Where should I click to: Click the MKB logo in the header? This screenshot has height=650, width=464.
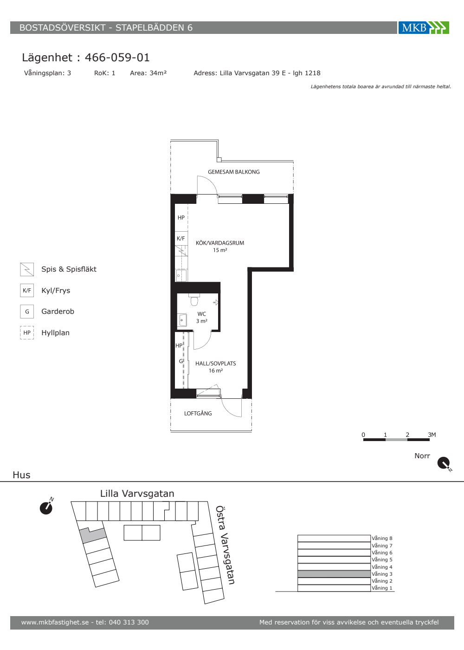424,27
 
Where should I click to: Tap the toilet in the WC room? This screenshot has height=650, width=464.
194,300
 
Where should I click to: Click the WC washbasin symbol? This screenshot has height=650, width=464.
182,320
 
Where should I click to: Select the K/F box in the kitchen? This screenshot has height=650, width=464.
181,239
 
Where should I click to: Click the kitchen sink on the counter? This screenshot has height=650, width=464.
181,275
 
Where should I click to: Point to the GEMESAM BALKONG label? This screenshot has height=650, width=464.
234,172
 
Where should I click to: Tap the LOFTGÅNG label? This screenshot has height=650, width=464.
198,413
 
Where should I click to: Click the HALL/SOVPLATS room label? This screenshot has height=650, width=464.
215,367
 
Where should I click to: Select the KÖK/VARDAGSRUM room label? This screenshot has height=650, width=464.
220,246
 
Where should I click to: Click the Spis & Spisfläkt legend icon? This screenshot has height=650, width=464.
27,269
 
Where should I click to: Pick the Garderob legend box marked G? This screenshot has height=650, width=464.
27,312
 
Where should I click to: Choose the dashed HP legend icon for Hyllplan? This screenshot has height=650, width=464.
27,332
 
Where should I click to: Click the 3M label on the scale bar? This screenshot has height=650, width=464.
432,435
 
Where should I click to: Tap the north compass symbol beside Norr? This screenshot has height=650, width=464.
445,463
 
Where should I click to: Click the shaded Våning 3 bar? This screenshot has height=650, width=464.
334,574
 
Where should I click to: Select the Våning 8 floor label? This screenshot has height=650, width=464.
382,538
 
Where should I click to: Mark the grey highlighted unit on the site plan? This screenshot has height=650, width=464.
93,535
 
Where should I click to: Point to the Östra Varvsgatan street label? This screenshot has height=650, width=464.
226,546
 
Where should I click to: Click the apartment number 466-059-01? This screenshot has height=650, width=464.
117,58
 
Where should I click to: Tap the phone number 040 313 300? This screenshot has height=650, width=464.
129,622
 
